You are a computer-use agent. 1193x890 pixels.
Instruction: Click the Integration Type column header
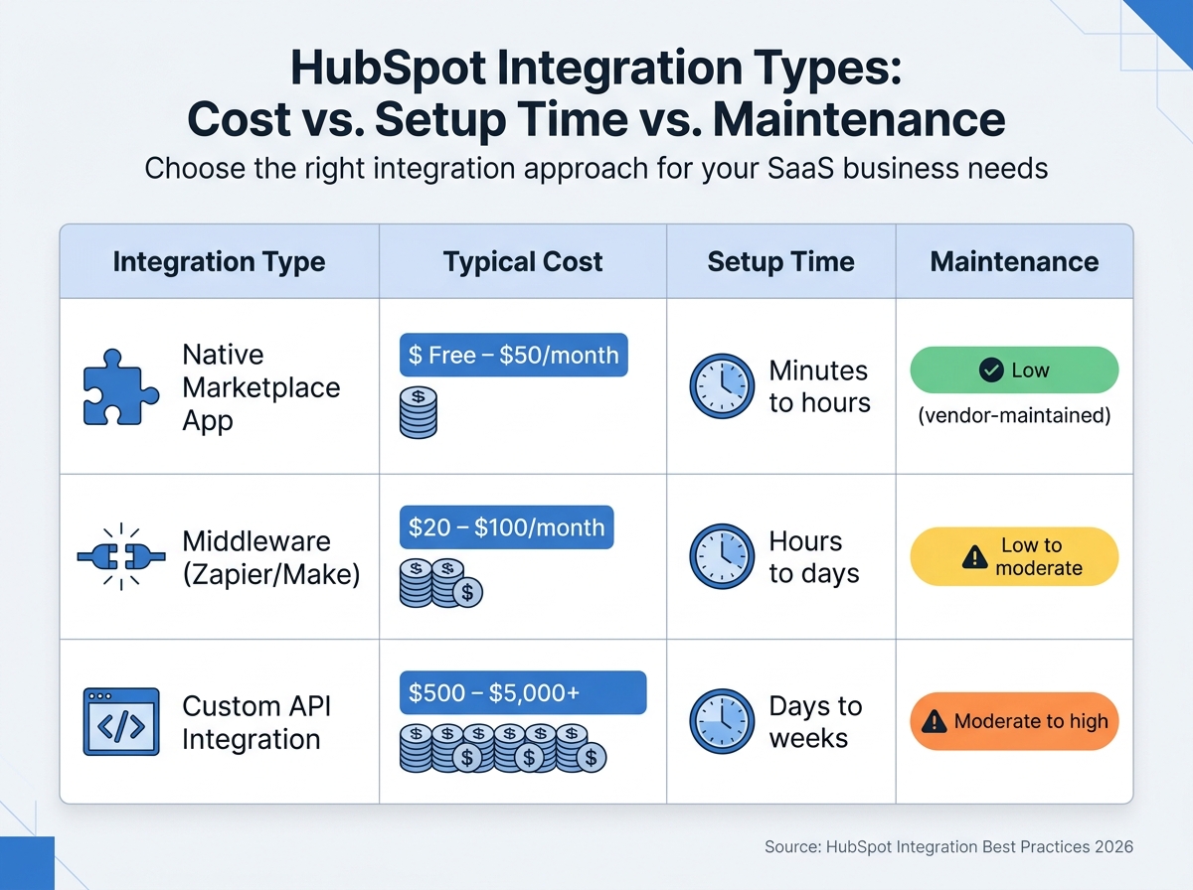pos(219,262)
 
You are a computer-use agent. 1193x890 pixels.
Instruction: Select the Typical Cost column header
pos(523,262)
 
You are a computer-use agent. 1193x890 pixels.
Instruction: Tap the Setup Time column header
pos(780,262)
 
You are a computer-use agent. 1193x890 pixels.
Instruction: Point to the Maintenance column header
pos(1014,262)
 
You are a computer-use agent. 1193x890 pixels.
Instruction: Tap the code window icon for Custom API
pos(117,722)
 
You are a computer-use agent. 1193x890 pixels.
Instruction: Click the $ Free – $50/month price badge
pos(513,355)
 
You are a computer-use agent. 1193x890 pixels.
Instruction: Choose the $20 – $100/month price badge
pos(506,527)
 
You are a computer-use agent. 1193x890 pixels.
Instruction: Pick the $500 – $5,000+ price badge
pos(522,692)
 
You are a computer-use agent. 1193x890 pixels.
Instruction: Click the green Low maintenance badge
pos(1014,371)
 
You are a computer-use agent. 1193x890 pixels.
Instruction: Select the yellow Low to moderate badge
pos(1014,557)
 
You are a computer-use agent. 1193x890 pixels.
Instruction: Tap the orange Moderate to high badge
pos(1014,721)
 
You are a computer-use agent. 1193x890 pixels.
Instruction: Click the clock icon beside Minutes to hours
pos(722,386)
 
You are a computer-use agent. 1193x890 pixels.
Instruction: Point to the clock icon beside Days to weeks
pos(722,722)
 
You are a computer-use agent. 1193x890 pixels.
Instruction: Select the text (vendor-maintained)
pos(1014,415)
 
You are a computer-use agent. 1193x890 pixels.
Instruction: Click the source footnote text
pos(948,847)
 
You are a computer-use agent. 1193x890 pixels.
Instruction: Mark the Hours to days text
pos(813,557)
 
